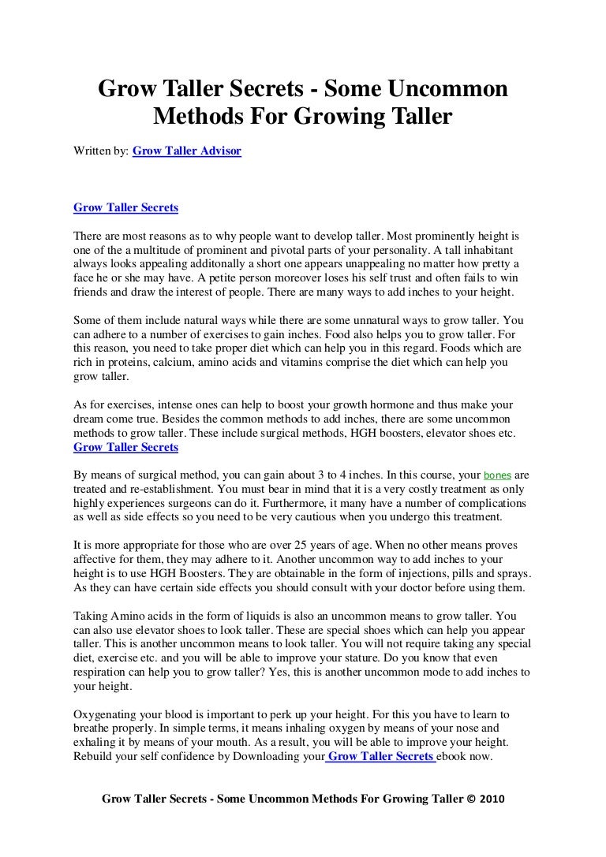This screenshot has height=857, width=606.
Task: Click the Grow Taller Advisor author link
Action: pyautogui.click(x=187, y=149)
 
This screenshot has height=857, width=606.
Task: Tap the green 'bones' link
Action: pyautogui.click(x=497, y=476)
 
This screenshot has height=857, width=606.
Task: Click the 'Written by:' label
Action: pyautogui.click(x=100, y=149)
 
